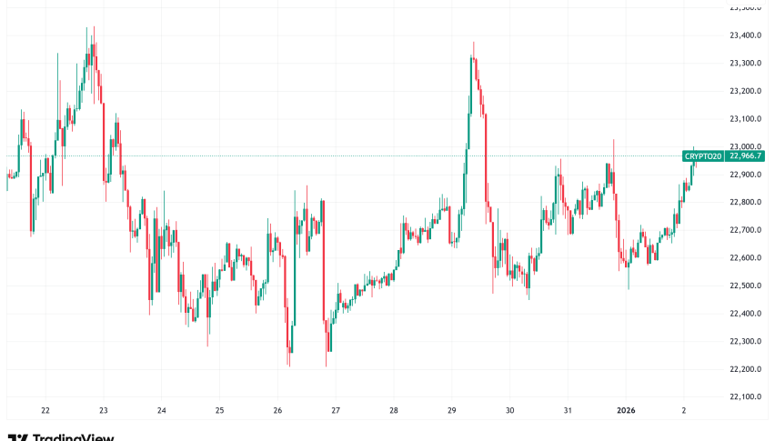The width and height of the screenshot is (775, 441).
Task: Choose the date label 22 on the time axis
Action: coord(45,410)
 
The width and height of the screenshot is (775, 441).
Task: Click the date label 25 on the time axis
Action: coord(219,410)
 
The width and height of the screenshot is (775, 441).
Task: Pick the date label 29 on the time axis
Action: coord(452,410)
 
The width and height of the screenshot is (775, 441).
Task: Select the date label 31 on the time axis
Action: coord(568,410)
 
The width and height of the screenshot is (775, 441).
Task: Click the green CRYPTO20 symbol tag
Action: coord(703,156)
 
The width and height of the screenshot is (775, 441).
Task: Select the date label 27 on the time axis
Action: coord(336,410)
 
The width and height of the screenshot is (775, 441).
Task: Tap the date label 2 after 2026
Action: coord(683,410)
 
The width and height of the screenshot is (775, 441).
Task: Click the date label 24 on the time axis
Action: coord(161,410)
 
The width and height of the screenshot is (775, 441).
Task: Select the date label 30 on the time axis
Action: coord(509,410)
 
